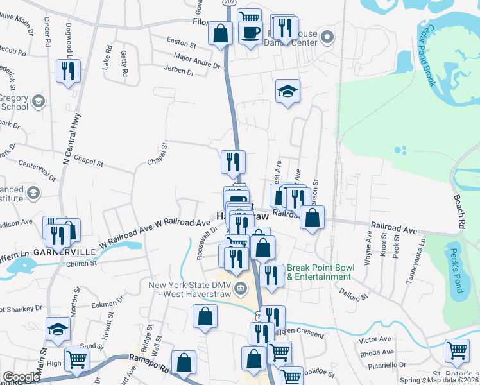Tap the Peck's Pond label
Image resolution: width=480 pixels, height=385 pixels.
click(x=456, y=270)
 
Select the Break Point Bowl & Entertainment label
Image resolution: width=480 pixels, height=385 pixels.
click(x=319, y=272)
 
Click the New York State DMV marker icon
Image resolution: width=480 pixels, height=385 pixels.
click(x=241, y=287)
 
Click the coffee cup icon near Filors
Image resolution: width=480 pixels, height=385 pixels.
click(x=250, y=30)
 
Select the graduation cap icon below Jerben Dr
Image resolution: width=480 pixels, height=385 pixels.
click(x=288, y=92)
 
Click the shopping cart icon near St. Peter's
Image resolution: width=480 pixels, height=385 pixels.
click(x=456, y=350)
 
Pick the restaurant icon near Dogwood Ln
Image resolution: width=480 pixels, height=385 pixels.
click(x=69, y=70)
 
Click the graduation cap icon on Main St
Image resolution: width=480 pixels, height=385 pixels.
click(x=58, y=329)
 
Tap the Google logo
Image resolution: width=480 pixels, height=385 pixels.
click(x=22, y=377)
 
